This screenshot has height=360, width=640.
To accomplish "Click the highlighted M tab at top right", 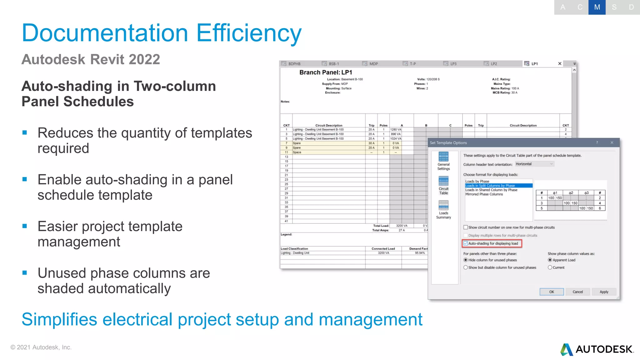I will (597, 7).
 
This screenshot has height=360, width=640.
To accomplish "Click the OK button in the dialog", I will (552, 292).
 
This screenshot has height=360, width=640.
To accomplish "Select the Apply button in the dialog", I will (604, 292).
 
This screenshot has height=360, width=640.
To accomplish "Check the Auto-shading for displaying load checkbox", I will (466, 243).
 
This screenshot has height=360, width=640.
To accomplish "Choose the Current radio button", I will (550, 267).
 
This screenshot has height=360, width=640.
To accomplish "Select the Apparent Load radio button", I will (550, 260).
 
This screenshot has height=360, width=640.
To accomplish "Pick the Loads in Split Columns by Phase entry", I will (490, 186).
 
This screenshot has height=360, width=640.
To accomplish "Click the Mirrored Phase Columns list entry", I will (484, 194).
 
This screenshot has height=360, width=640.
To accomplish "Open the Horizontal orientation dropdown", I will (534, 164).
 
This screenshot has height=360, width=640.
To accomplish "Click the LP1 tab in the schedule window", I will (534, 64).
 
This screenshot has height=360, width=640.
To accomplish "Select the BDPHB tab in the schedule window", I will (294, 64).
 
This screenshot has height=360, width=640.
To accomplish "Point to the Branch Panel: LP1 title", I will (326, 72).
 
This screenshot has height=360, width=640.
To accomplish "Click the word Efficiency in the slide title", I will (249, 33).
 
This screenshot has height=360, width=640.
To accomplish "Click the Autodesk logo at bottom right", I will (597, 349).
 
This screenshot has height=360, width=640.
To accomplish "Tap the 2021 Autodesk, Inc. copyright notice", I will (41, 347).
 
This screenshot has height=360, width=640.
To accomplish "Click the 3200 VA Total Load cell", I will (402, 226).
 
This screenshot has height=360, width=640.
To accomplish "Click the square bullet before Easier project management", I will (25, 226).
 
